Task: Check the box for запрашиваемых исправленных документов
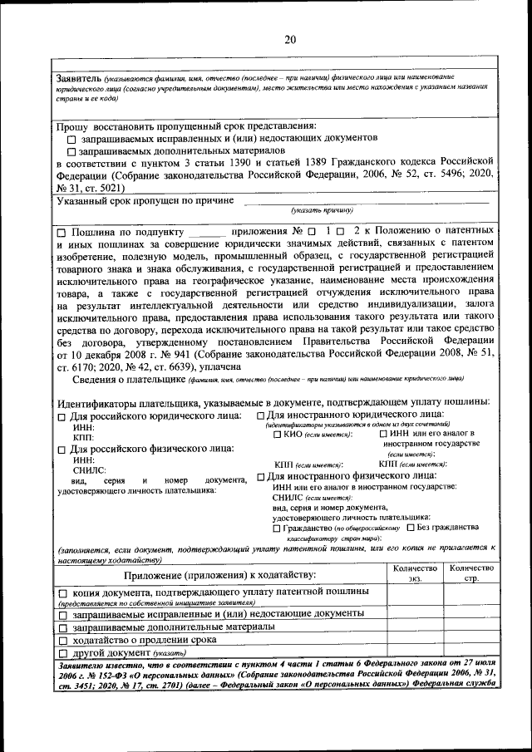71,139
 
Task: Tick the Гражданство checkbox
277,528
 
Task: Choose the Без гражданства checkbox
411,528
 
